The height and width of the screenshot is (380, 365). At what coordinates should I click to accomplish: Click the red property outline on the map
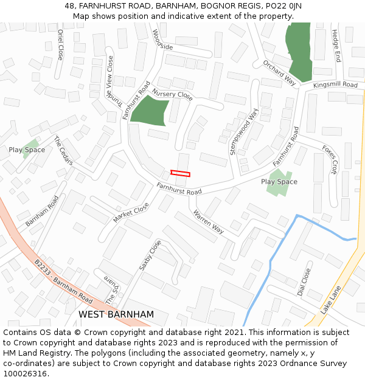tap(180, 173)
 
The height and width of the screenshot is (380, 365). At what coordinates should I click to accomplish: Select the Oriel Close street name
tap(60, 44)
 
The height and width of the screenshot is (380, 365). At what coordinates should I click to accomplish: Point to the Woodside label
tap(162, 40)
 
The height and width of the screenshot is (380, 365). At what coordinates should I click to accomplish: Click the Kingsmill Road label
tap(336, 85)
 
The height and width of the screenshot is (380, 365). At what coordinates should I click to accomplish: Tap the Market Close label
tap(131, 213)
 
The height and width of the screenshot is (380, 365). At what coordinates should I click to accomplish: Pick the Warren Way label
tap(208, 222)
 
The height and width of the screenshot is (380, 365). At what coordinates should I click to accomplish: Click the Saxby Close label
tap(150, 255)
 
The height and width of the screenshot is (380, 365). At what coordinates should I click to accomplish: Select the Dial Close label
tap(304, 282)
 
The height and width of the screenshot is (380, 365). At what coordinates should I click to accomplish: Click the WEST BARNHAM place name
tap(116, 314)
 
